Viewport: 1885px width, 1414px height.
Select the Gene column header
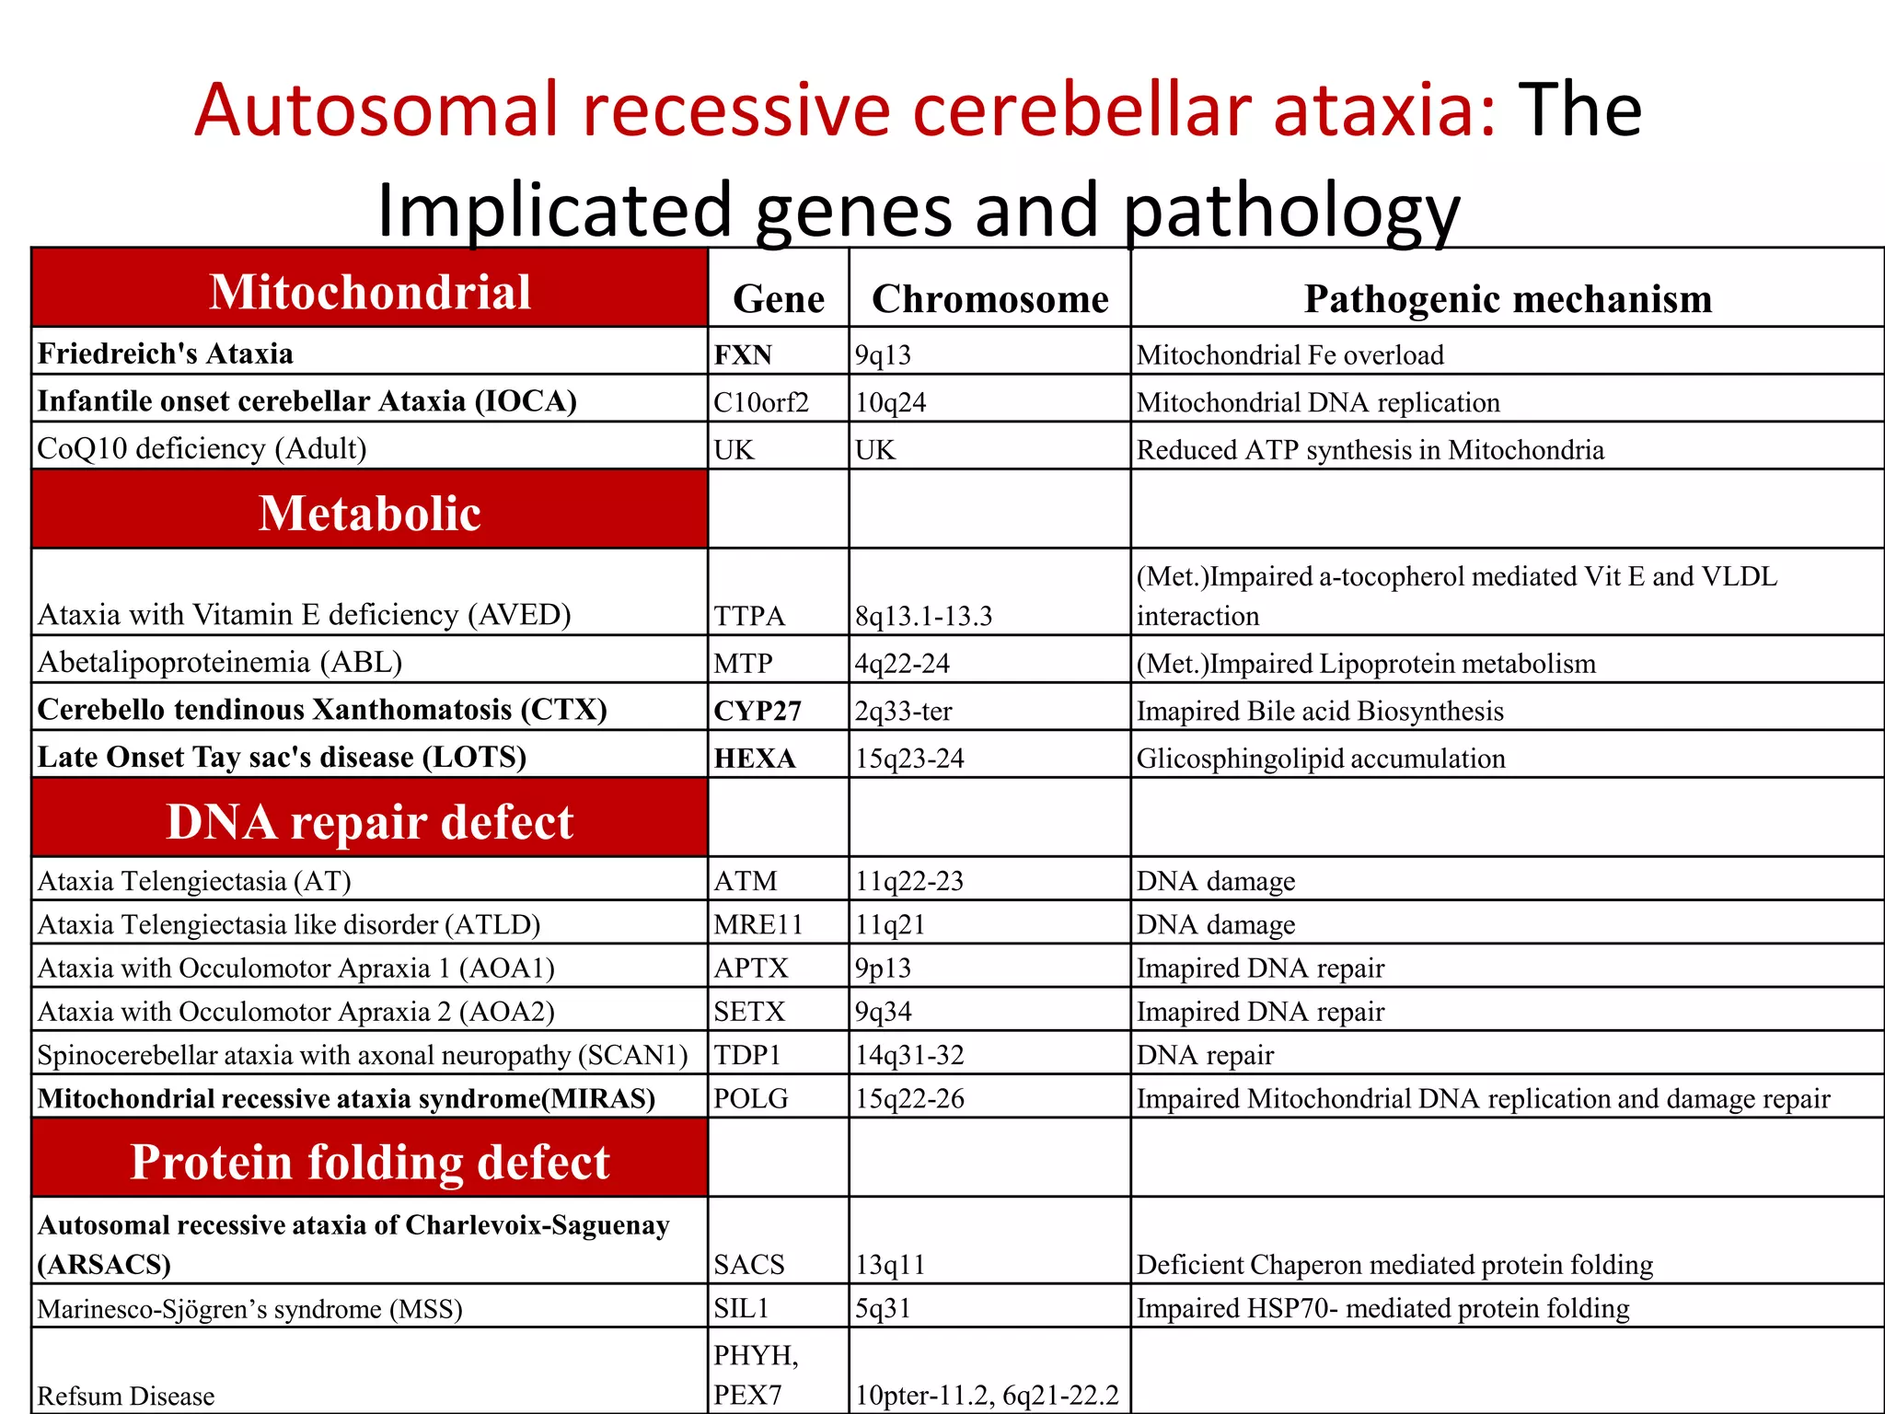click(778, 299)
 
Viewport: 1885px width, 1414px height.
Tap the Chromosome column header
click(989, 299)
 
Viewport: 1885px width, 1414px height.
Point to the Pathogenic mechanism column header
click(1507, 299)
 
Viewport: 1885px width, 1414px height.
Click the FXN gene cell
click(743, 354)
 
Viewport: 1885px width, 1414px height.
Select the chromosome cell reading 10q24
click(890, 402)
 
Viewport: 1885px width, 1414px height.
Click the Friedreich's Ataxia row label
click(166, 353)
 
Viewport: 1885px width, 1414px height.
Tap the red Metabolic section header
click(369, 512)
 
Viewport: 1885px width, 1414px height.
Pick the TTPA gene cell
click(749, 615)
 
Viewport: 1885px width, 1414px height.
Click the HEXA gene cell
click(754, 758)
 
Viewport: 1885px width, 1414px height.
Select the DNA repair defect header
click(369, 820)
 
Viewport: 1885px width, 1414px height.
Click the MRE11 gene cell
click(757, 924)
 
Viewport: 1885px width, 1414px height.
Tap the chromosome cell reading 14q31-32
click(909, 1055)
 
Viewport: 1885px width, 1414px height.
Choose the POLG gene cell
click(751, 1098)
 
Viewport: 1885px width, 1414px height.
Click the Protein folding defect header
click(369, 1161)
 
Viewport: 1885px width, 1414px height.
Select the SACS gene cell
click(749, 1264)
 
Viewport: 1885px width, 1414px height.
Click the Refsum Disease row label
click(126, 1396)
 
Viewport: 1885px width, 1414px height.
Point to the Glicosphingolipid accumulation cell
click(1321, 758)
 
